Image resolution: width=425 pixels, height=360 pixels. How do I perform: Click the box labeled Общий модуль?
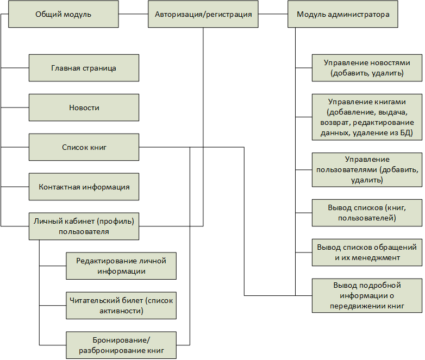coord(64,14)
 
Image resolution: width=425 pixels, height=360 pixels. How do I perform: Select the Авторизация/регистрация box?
coord(203,14)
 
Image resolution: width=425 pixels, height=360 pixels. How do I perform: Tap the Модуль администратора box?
coord(343,14)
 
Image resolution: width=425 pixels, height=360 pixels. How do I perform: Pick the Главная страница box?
coord(84,68)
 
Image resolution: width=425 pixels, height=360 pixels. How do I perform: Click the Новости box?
coord(84,108)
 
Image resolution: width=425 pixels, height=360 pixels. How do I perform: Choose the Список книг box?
coord(84,147)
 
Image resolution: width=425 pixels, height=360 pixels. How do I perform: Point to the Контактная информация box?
coord(84,187)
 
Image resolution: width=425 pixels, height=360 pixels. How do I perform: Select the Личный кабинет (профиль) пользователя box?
coord(84,226)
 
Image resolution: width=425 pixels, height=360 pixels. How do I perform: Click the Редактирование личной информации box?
coord(121,266)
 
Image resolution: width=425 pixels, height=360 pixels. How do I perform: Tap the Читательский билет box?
coord(121,306)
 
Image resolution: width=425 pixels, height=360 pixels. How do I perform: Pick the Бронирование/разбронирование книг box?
coord(121,345)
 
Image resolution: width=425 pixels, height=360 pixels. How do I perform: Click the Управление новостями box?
coord(367,68)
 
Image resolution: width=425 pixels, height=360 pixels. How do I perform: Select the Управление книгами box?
coord(367,117)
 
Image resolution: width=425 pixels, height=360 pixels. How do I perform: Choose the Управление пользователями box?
coord(367,170)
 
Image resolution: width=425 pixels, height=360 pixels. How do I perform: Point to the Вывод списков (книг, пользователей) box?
coord(367,213)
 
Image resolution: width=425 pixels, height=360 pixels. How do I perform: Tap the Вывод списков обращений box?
coord(367,252)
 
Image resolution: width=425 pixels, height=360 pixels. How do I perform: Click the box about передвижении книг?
coord(367,295)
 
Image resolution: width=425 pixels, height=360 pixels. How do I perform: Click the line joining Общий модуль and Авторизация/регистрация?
coord(133,14)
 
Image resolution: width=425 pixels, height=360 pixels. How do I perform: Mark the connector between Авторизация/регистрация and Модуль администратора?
coord(273,14)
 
